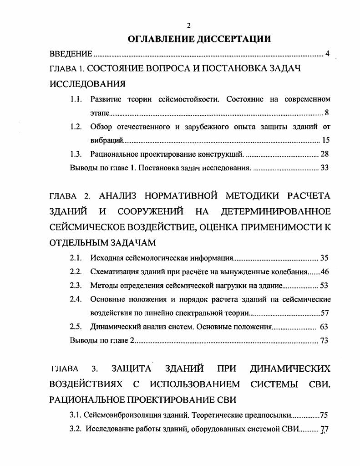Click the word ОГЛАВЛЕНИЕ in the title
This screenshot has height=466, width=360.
pyautogui.click(x=161, y=40)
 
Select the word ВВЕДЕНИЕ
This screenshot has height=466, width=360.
pyautogui.click(x=71, y=54)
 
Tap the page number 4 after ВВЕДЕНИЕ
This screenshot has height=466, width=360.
pyautogui.click(x=327, y=54)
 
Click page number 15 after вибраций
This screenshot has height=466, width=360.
pyautogui.click(x=325, y=140)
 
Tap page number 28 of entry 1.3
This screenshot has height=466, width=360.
pyautogui.click(x=325, y=154)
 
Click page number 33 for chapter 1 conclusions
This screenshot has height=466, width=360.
pyautogui.click(x=325, y=168)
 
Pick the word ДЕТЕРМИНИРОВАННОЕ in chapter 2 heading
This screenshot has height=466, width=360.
pyautogui.click(x=276, y=212)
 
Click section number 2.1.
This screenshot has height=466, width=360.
pyautogui.click(x=76, y=258)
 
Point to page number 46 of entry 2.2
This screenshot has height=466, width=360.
pyautogui.click(x=325, y=272)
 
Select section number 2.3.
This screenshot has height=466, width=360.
pyautogui.click(x=76, y=286)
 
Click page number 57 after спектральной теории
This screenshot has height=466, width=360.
pyautogui.click(x=325, y=313)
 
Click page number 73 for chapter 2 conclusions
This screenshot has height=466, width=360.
pyautogui.click(x=325, y=340)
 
